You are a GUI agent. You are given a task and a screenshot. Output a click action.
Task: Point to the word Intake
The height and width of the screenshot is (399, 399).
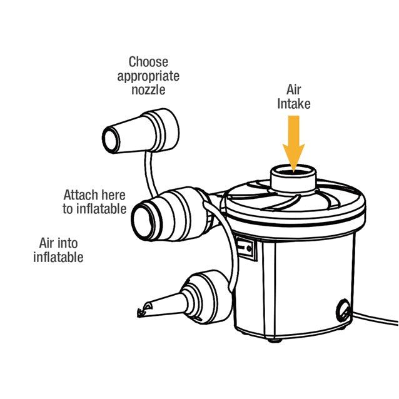click(294, 104)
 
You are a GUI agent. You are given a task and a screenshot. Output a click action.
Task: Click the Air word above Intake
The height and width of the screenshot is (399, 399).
click(294, 90)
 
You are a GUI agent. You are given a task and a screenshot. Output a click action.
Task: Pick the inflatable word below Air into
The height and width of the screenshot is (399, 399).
click(58, 256)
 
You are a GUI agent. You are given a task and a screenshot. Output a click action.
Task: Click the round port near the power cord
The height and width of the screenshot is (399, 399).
click(344, 310)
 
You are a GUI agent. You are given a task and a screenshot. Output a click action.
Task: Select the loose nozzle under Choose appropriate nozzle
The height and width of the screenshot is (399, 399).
click(141, 133)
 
